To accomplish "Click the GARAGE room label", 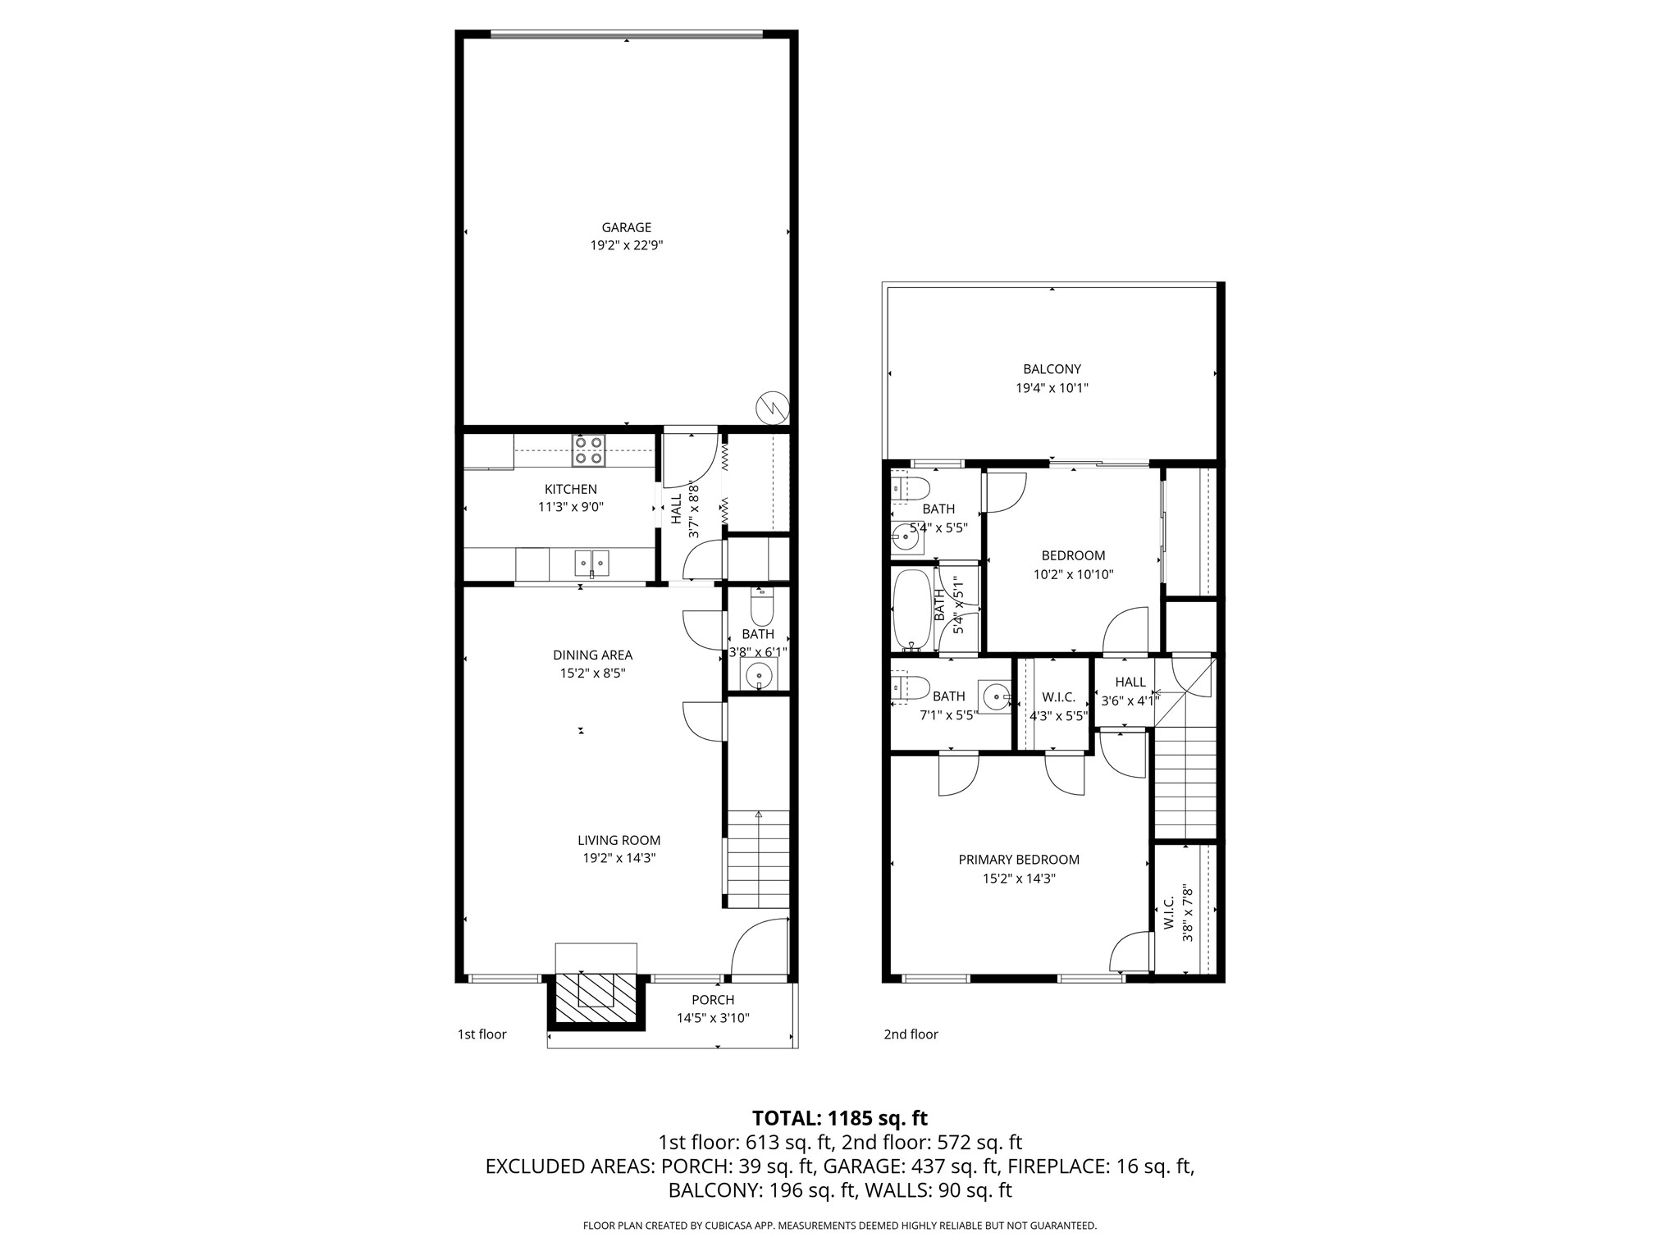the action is [626, 227].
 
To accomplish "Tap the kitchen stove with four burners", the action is [589, 450].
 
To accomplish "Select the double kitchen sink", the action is [591, 563].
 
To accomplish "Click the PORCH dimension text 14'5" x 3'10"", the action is [712, 1018].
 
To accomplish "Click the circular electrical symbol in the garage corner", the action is [771, 406].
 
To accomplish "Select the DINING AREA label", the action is [592, 655].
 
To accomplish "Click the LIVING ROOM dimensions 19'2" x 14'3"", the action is [619, 858].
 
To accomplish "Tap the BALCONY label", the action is [1052, 369].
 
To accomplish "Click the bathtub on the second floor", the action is [911, 609].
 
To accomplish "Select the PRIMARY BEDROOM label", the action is [1019, 860].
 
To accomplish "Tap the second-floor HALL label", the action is [1130, 682].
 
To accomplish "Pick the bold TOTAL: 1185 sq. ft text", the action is [839, 1118].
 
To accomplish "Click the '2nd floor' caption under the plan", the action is [911, 1034].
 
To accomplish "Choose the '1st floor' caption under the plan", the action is [482, 1034].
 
